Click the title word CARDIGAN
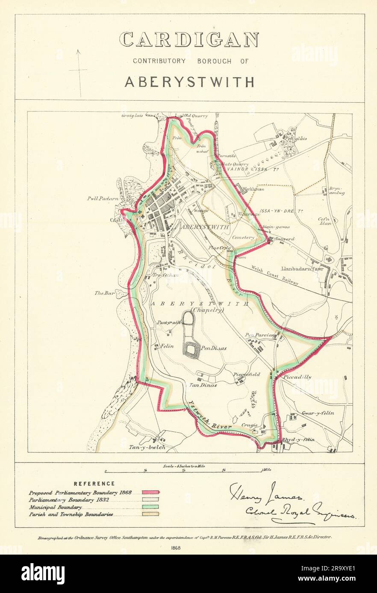(188, 40)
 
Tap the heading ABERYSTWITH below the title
(189, 82)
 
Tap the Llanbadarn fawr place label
(301, 269)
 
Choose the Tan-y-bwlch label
(147, 448)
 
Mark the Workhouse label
(253, 189)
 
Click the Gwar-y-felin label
(318, 413)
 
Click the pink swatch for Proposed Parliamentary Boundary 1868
(151, 493)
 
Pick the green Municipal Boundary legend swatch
(151, 507)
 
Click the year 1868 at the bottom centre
(188, 547)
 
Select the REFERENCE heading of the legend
(94, 484)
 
